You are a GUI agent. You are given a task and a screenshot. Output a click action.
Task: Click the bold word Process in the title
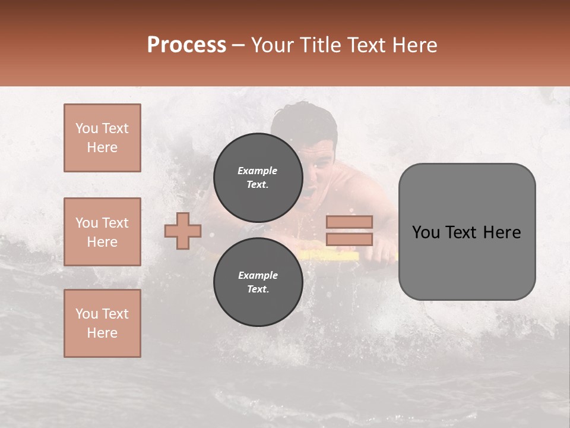(x=186, y=45)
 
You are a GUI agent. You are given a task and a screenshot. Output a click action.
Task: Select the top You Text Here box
(x=102, y=138)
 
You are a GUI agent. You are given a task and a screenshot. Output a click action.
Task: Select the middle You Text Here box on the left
(x=102, y=232)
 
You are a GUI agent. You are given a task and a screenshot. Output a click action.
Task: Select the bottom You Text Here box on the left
(x=102, y=323)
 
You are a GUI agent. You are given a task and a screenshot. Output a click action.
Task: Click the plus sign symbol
(x=183, y=231)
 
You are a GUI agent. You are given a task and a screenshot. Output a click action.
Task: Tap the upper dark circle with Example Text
(x=258, y=177)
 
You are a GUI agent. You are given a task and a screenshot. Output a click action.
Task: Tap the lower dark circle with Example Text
(x=258, y=282)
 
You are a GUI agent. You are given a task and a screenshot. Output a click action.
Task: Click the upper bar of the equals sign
(x=349, y=222)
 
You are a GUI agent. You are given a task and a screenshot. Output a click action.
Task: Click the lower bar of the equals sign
(x=349, y=239)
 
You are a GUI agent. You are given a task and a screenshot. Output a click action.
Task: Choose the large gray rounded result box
(x=467, y=232)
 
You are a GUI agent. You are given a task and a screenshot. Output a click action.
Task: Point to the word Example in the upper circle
(x=258, y=171)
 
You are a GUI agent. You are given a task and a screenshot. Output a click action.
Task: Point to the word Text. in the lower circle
(x=258, y=289)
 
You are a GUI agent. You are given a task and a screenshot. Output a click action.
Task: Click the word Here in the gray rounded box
(x=502, y=232)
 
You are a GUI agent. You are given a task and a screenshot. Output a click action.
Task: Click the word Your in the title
(x=272, y=45)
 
